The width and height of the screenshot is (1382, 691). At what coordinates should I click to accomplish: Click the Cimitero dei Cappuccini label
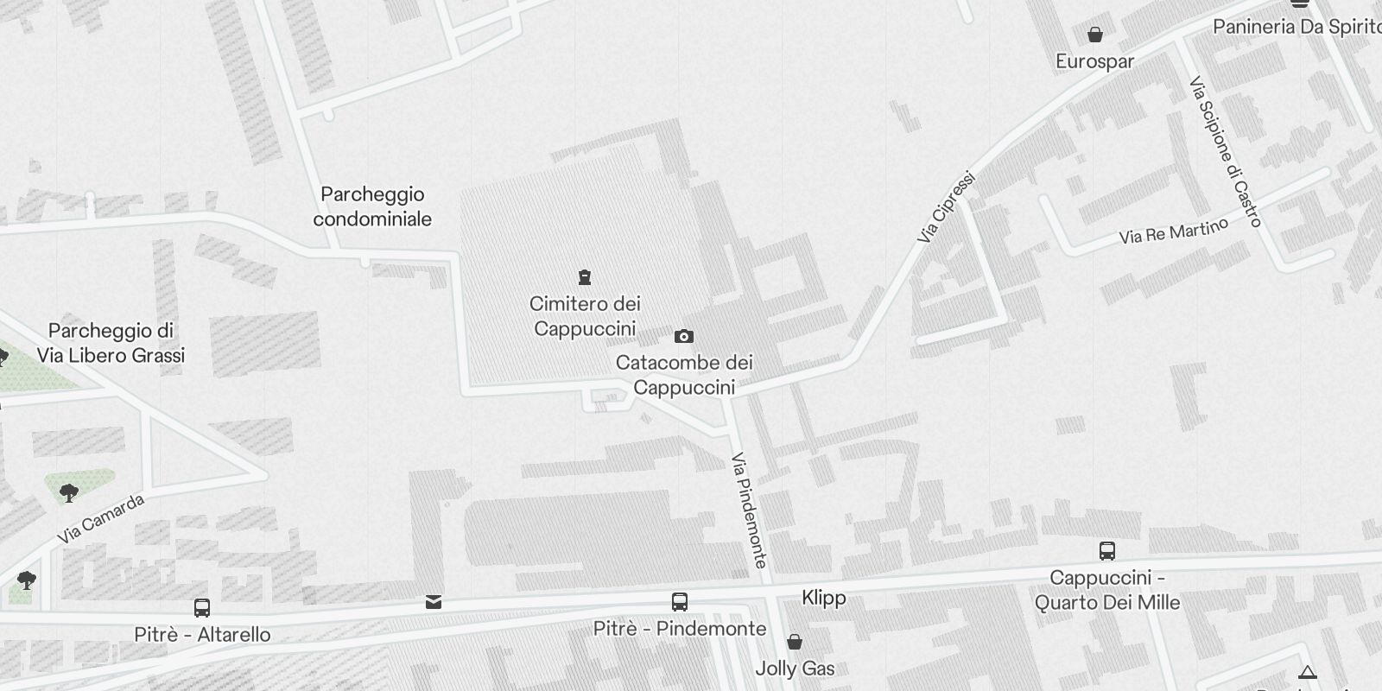pyautogui.click(x=585, y=316)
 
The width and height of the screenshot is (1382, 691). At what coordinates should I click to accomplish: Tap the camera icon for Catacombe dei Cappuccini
pyautogui.click(x=683, y=336)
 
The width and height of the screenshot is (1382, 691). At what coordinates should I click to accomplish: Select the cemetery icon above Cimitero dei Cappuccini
pyautogui.click(x=585, y=277)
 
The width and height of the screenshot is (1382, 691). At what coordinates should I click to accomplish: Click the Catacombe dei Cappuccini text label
pyautogui.click(x=684, y=375)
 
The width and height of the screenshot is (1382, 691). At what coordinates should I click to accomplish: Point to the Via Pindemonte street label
pyautogui.click(x=749, y=510)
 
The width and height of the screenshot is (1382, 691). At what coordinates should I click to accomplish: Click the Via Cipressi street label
pyautogui.click(x=947, y=207)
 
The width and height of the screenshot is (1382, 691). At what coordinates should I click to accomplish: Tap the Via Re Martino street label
pyautogui.click(x=1173, y=231)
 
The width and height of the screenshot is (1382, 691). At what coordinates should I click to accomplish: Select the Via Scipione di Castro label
pyautogui.click(x=1226, y=152)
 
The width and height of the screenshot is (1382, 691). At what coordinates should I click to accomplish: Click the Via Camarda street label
pyautogui.click(x=101, y=518)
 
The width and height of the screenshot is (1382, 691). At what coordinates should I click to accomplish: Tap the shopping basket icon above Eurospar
pyautogui.click(x=1095, y=35)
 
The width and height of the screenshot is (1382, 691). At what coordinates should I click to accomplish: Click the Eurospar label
pyautogui.click(x=1095, y=61)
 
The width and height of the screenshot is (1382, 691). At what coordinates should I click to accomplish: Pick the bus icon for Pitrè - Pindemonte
pyautogui.click(x=680, y=602)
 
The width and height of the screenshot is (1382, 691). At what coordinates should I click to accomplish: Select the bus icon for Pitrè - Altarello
pyautogui.click(x=202, y=608)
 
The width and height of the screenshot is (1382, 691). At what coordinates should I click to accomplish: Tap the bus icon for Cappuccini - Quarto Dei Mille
pyautogui.click(x=1107, y=551)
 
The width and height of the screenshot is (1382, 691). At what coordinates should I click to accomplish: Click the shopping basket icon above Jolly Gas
pyautogui.click(x=795, y=642)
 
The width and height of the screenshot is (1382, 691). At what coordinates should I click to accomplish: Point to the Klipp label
pyautogui.click(x=824, y=598)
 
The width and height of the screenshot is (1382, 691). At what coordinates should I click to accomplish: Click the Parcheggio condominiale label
pyautogui.click(x=372, y=206)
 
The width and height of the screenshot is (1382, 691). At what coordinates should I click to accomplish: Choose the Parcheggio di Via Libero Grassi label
pyautogui.click(x=111, y=343)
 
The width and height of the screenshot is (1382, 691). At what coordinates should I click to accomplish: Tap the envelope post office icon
pyautogui.click(x=434, y=602)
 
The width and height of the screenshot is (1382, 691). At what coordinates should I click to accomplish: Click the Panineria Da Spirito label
pyautogui.click(x=1296, y=27)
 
